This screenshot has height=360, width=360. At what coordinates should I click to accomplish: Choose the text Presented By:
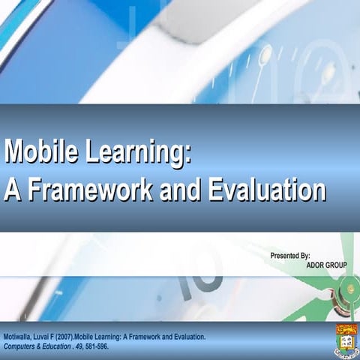289,256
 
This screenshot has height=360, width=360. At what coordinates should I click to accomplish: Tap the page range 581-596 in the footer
96,346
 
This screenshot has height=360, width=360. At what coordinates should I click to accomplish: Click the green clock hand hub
349,288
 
